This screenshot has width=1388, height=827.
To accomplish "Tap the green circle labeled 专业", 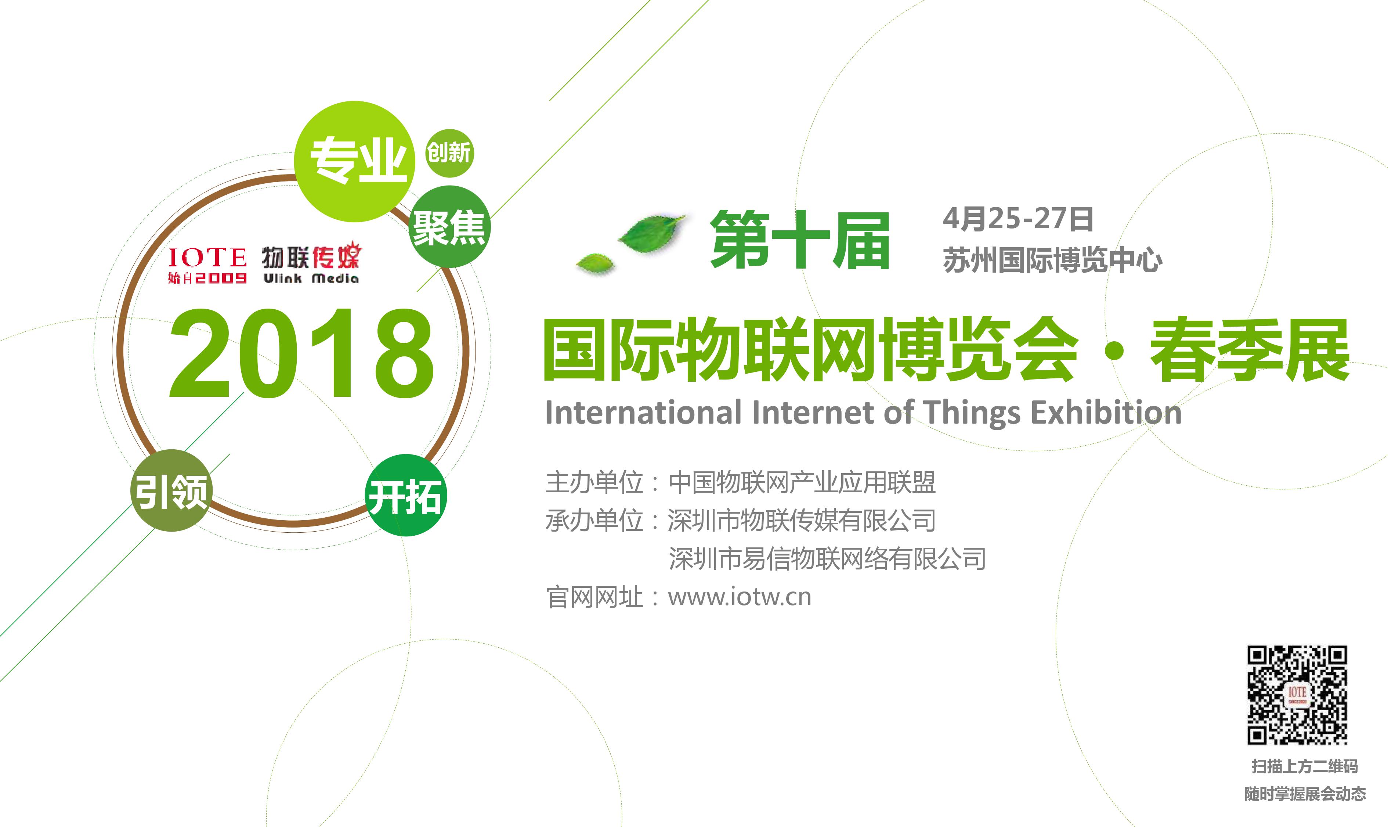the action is click(x=355, y=162).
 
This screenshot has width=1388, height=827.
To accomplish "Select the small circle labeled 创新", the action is click(x=449, y=153).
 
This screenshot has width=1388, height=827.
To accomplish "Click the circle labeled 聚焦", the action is click(x=449, y=227).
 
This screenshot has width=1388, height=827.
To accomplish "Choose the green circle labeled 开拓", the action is click(x=405, y=495).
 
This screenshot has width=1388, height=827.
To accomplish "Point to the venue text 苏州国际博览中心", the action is click(x=1052, y=260).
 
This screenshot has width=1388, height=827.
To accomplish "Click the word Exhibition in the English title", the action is click(x=1106, y=413).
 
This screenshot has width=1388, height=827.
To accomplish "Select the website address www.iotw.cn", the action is click(x=740, y=597).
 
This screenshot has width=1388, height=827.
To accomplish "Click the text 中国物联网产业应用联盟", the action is click(x=802, y=482).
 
